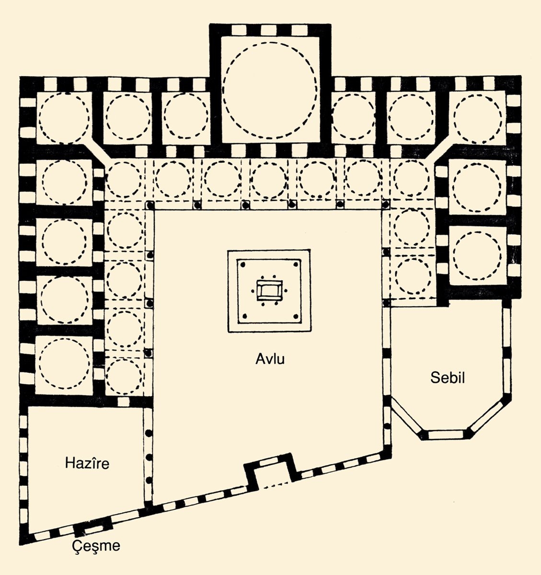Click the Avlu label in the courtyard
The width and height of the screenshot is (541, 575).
tap(270, 358)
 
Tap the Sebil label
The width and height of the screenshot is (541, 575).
tap(447, 379)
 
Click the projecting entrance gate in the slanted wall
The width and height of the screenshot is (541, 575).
tap(268, 470)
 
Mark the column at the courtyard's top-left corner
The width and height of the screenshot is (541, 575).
tap(150, 206)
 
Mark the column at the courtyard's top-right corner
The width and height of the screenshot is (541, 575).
tap(385, 206)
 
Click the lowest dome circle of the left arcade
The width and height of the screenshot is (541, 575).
tap(124, 376)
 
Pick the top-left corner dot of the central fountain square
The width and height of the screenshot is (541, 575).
tap(243, 264)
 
